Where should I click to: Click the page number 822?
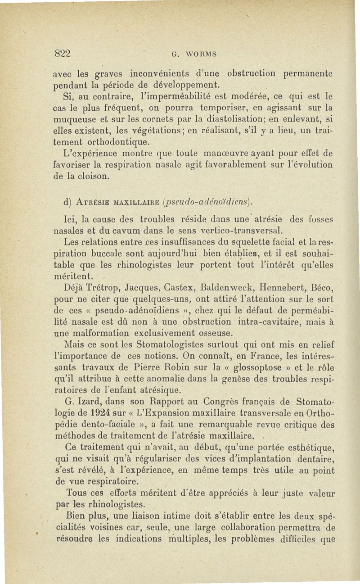pos(63,53)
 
